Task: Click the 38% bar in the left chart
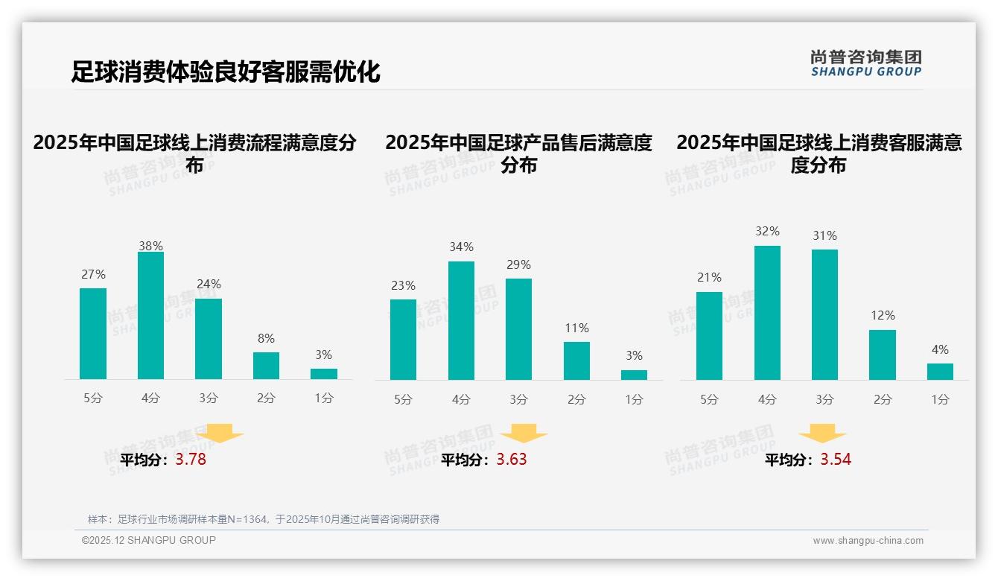[150, 316]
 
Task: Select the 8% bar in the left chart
[266, 366]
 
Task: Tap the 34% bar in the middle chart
[461, 320]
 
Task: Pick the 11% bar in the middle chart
[576, 361]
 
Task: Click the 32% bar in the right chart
[767, 313]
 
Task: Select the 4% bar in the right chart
[940, 372]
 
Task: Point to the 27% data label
[93, 274]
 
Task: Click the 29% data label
[518, 264]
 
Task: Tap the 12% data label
[883, 316]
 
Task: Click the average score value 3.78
[191, 460]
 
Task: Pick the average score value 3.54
[836, 460]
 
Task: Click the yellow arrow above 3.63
[524, 434]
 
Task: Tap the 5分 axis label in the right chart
[709, 399]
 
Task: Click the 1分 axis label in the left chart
[324, 398]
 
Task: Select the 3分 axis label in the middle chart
[518, 399]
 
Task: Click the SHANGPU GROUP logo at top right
[865, 63]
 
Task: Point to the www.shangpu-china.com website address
[868, 541]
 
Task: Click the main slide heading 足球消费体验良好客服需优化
[225, 72]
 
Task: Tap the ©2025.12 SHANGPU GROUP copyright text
[149, 540]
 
